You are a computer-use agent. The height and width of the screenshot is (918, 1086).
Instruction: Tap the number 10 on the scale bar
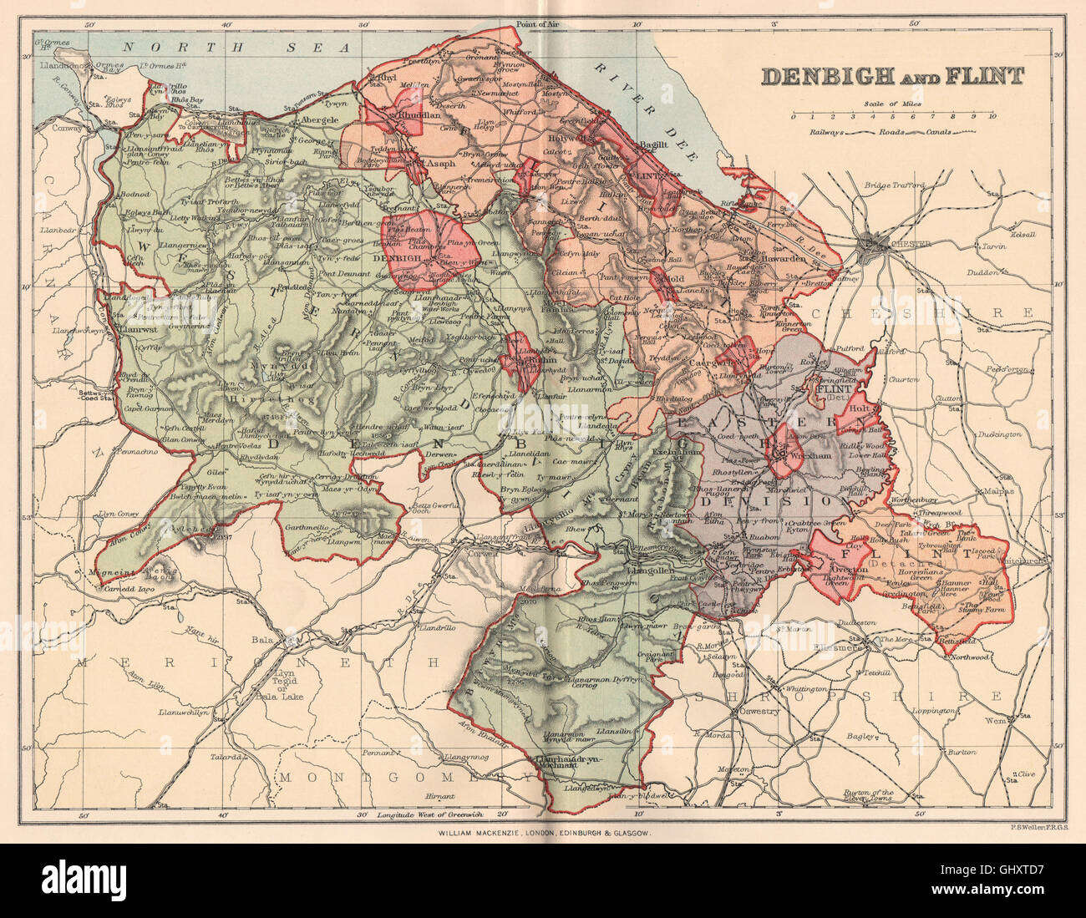[x=991, y=118]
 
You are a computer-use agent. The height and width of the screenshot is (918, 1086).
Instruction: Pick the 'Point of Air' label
[x=536, y=24]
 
